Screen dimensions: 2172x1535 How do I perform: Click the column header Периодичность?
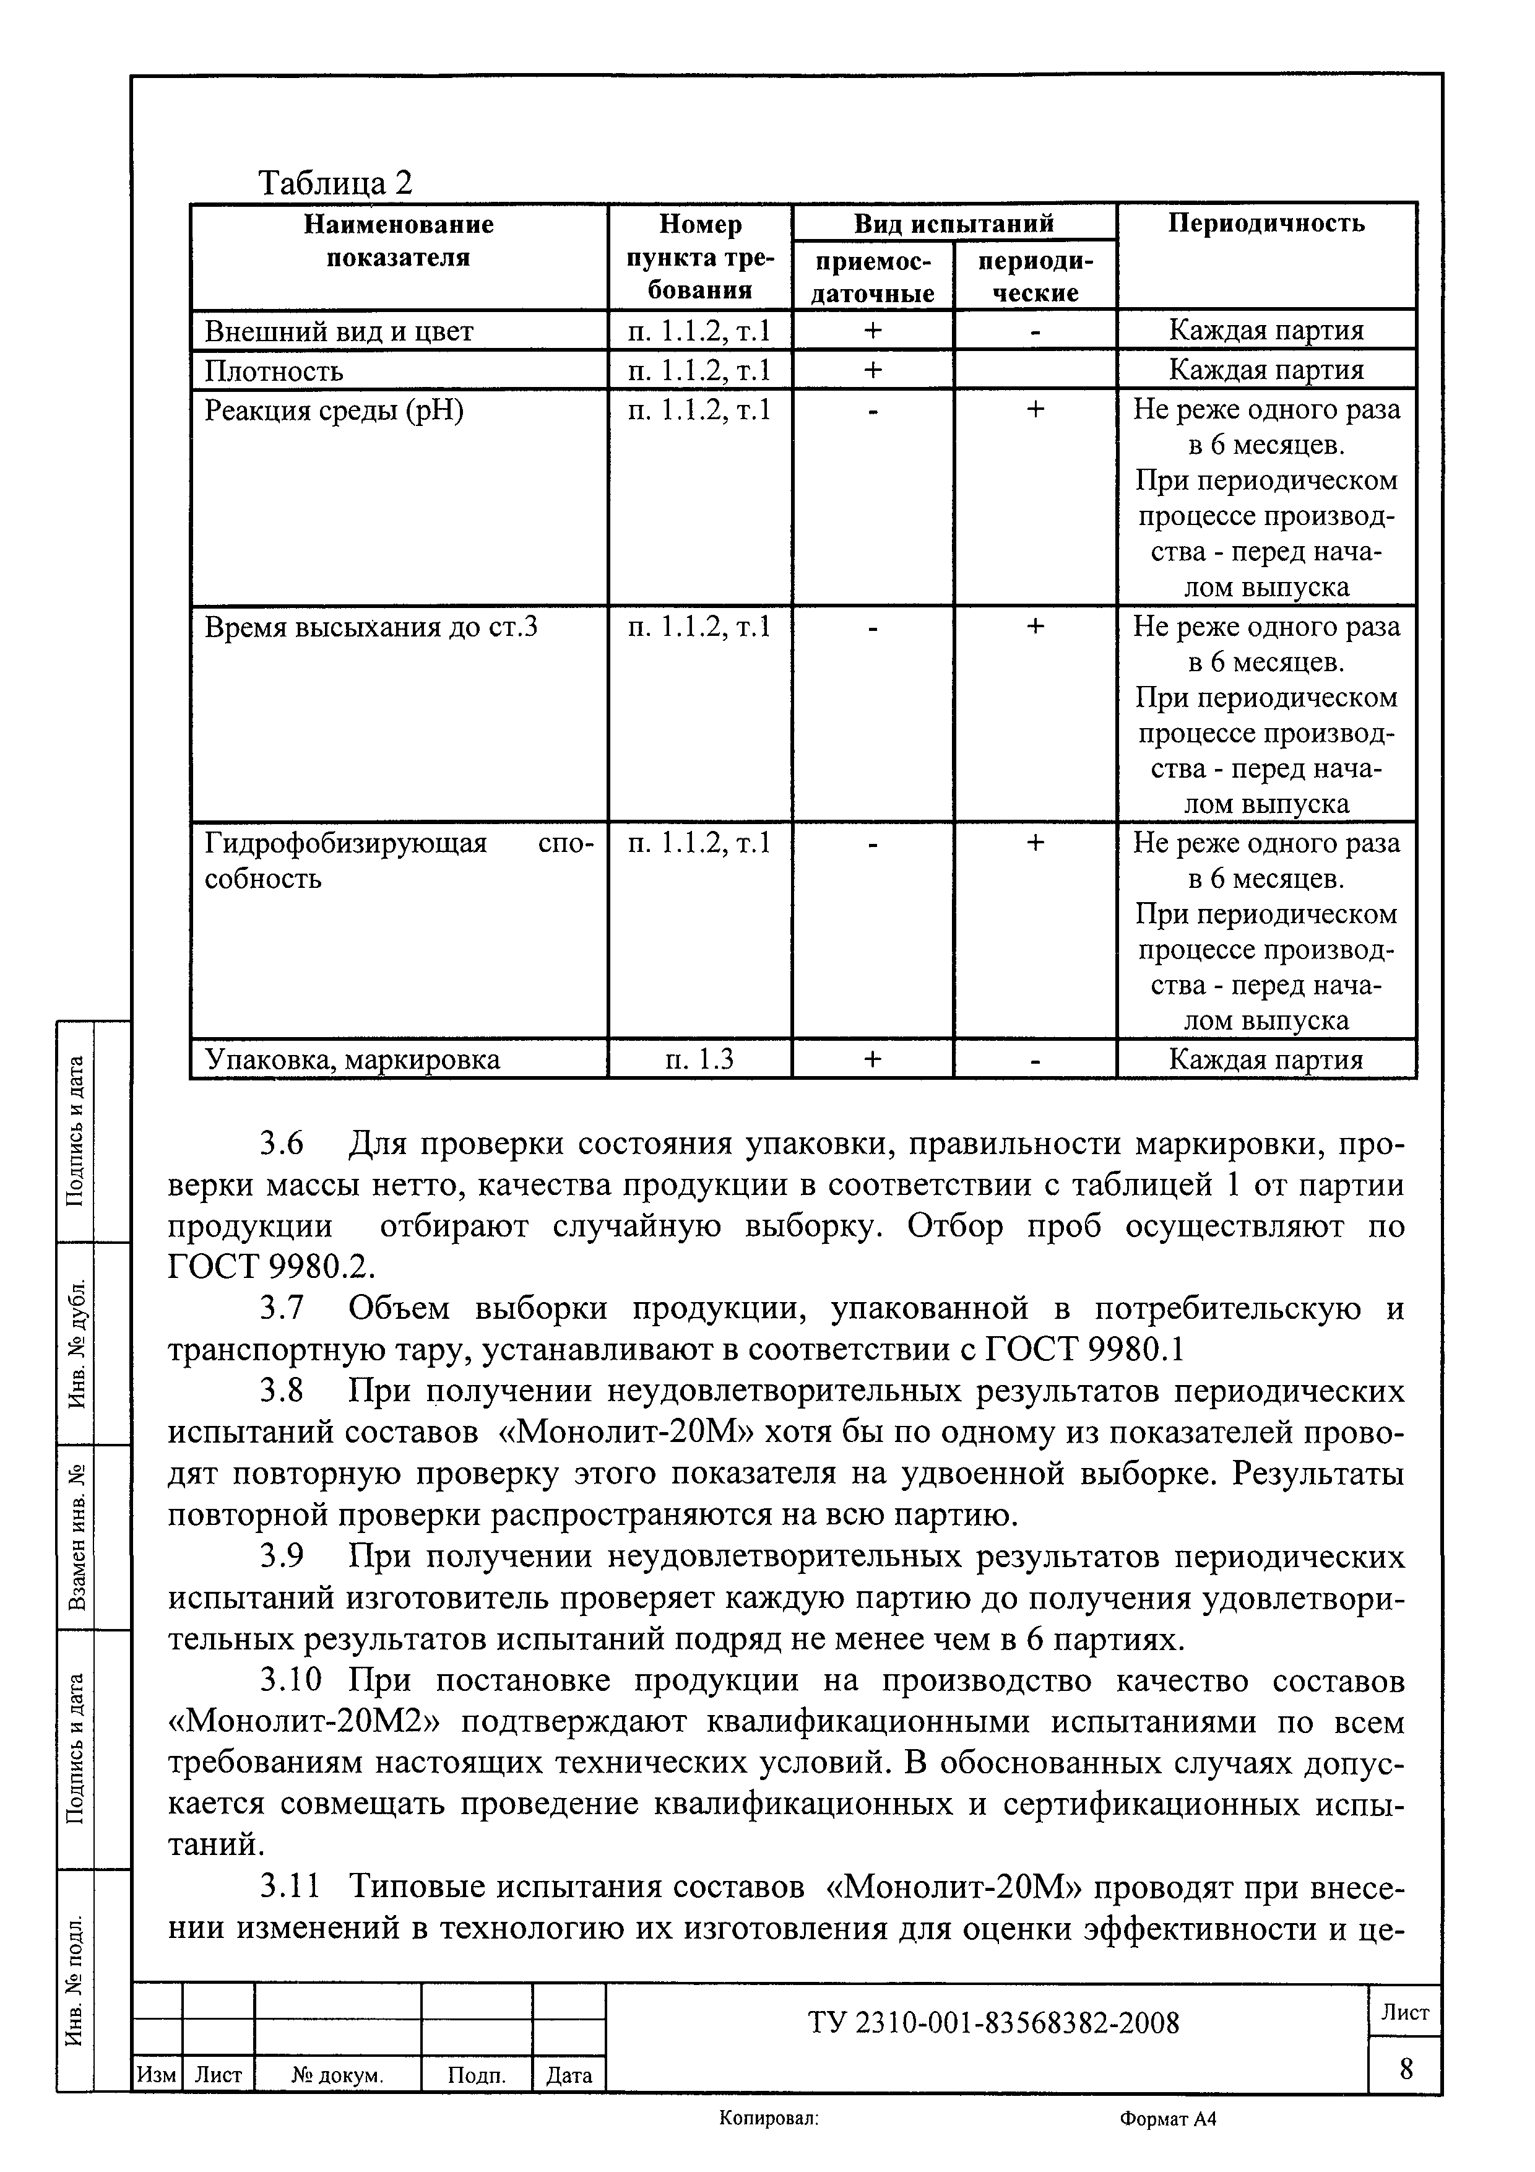tap(1266, 224)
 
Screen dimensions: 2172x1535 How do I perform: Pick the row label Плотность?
tap(274, 370)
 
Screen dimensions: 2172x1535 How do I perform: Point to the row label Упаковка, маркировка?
tap(352, 1059)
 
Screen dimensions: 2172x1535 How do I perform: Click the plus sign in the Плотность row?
tap(872, 369)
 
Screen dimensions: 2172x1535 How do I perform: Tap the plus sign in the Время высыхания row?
tap(1035, 626)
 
